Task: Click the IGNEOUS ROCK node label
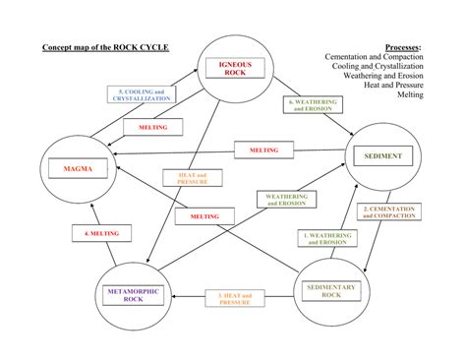pos(235,69)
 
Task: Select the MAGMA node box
pos(78,169)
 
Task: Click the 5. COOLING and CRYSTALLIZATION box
pos(140,95)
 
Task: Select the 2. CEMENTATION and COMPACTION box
pos(389,211)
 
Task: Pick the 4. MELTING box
pos(95,234)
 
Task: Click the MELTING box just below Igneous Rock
pos(152,128)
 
